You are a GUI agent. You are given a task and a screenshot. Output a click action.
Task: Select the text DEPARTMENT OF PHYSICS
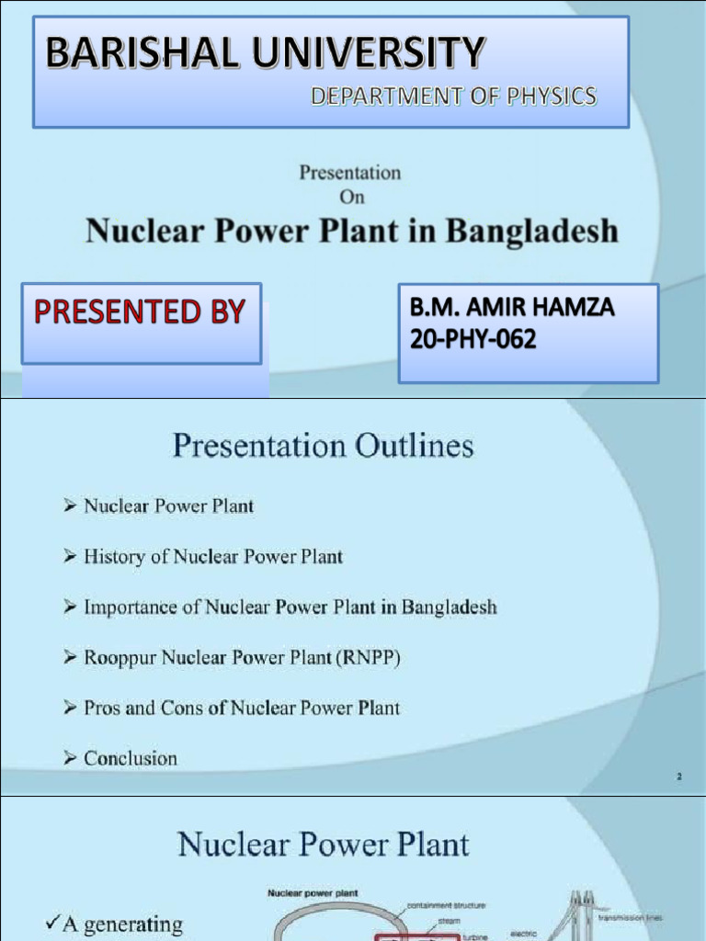coord(453,96)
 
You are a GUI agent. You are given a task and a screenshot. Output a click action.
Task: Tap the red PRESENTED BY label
coord(141,312)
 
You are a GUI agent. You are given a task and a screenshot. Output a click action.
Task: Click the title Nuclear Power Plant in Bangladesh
coord(352,231)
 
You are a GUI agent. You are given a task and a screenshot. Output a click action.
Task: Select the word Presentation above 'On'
coord(350,173)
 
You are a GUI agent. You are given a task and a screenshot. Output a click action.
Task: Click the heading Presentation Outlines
coord(323,447)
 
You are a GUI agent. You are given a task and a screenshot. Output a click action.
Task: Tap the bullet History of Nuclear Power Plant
coord(213,556)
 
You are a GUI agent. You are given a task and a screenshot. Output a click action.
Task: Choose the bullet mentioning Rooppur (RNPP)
coord(241,658)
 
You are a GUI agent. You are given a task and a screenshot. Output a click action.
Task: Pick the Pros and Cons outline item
coord(242,708)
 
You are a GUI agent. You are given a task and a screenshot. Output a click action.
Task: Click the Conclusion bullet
coord(131,758)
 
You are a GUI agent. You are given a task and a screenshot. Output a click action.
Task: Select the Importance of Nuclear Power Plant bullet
coord(290,607)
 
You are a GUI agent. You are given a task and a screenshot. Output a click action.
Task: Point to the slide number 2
coord(679,777)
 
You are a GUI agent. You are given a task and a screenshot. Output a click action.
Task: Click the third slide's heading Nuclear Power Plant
coord(323,844)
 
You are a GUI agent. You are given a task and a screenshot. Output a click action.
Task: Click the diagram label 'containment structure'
coord(446,905)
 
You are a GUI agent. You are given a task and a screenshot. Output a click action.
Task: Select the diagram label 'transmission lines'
coord(629,917)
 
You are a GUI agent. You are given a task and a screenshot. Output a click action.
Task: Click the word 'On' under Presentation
coord(350,196)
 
